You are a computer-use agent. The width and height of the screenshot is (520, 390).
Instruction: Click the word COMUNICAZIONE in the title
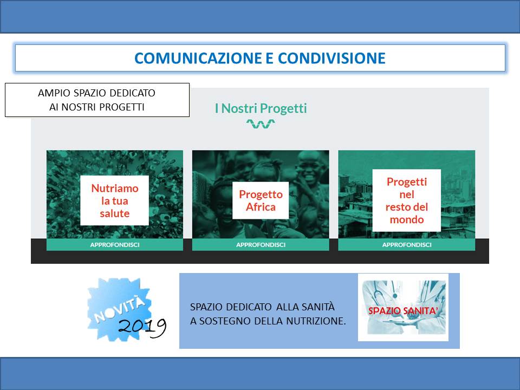point(198,58)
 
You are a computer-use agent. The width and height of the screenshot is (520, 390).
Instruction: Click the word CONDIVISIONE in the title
point(331,58)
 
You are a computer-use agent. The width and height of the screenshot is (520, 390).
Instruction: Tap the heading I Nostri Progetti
point(261,108)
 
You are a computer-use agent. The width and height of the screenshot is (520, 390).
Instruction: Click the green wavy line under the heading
point(261,124)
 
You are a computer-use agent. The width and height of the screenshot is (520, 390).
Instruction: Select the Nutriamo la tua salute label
point(115,200)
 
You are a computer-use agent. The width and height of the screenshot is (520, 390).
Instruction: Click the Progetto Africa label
point(261,200)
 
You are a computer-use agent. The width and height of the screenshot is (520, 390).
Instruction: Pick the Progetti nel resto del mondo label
point(407,200)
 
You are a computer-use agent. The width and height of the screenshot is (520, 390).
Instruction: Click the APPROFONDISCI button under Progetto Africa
point(261,245)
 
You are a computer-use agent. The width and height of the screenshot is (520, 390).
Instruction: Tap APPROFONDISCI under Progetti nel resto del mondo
point(407,245)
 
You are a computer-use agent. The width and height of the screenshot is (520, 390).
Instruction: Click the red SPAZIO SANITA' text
point(403,311)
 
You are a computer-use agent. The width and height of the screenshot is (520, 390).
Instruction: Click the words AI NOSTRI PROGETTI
point(97,107)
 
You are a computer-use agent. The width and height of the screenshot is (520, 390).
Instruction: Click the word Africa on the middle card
point(261,207)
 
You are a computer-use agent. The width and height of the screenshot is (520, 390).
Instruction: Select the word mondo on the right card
point(407,219)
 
